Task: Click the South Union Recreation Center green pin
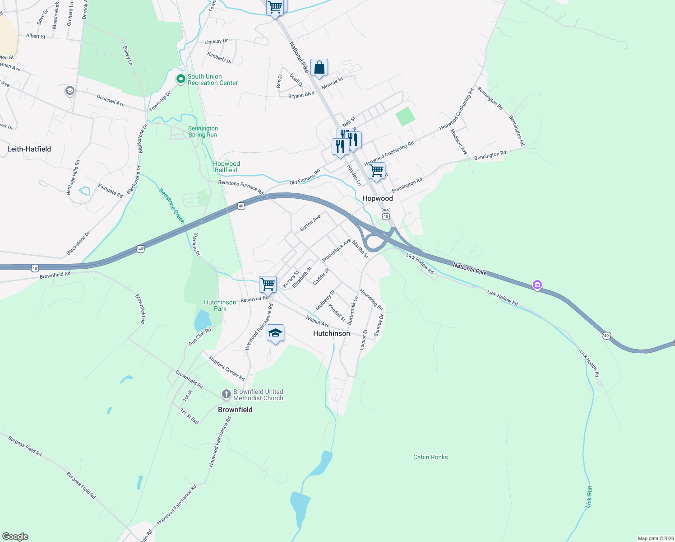coord(180,79)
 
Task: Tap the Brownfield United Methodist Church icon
coord(226,395)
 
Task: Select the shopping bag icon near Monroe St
coord(319,68)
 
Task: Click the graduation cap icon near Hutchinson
coord(275,333)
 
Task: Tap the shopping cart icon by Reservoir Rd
coord(268,285)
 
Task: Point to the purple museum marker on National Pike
coord(537,285)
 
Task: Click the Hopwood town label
coord(378,198)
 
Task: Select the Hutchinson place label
coord(332,333)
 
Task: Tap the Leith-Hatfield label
coord(29,149)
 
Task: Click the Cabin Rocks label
coord(430,457)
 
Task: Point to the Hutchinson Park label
coord(220,305)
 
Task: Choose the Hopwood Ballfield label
coord(226,167)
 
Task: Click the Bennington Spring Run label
coord(203,131)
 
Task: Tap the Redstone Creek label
coord(172,206)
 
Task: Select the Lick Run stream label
coord(589,496)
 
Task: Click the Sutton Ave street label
coord(310,222)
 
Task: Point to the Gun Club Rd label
coord(200,337)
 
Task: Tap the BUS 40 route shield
coord(386,214)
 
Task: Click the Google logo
coord(15,537)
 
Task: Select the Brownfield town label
coord(235,410)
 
